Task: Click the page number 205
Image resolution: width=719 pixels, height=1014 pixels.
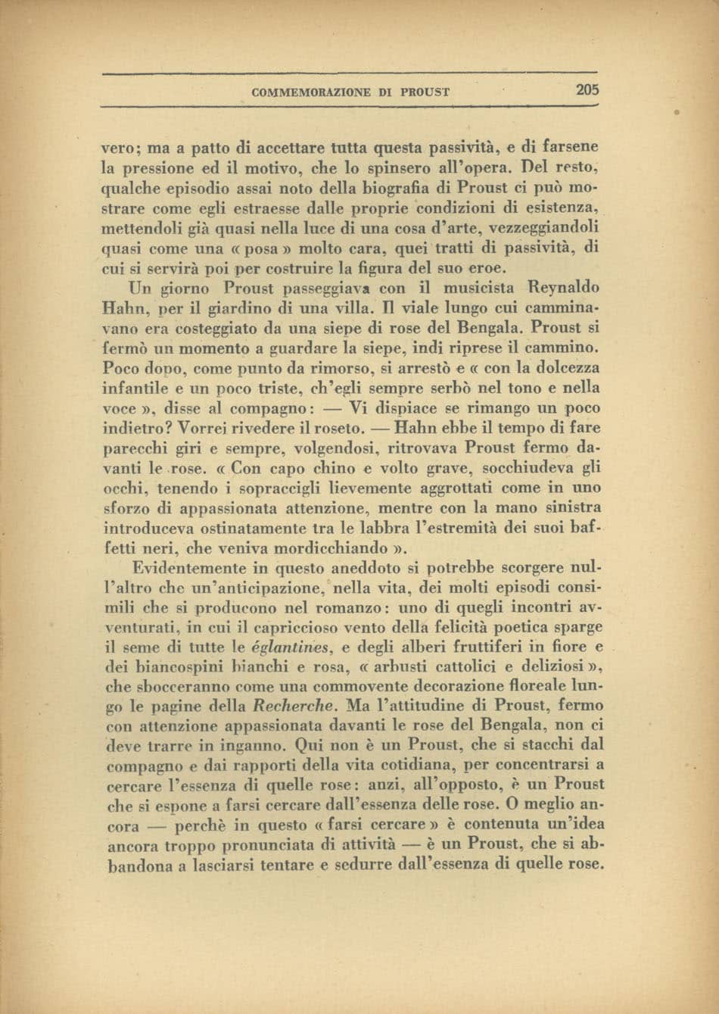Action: click(587, 91)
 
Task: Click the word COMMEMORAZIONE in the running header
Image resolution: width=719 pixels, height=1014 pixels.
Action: click(310, 92)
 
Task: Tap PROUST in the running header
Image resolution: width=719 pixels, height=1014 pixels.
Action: click(427, 92)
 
